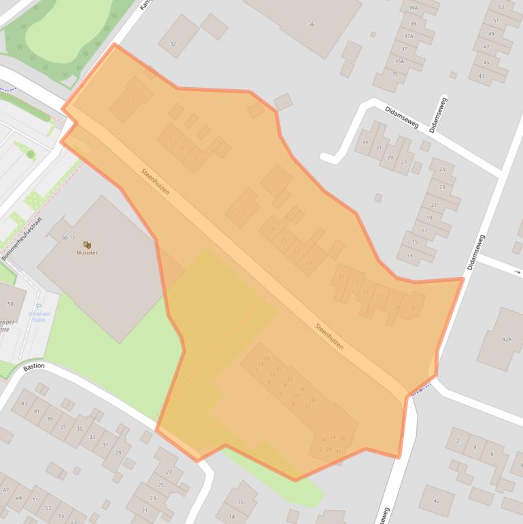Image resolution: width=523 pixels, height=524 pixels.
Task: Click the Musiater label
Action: pos(86,252)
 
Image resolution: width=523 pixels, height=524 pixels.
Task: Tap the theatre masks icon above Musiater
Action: pos(86,244)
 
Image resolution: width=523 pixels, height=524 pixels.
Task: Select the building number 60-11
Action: pos(68,238)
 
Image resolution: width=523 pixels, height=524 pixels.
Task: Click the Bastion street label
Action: pos(33,366)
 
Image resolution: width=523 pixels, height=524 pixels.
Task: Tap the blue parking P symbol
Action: pos(38,306)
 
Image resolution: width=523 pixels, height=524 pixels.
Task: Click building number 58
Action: pos(10,304)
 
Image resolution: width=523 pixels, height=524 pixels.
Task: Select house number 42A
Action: pos(506,339)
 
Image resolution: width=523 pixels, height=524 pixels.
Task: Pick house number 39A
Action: pos(412,9)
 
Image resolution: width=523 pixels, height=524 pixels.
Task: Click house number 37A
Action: pos(408,36)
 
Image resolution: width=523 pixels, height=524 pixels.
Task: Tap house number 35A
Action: pos(400,61)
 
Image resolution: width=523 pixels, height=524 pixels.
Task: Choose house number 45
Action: pos(486,62)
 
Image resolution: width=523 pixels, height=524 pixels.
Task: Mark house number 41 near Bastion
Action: pos(37,411)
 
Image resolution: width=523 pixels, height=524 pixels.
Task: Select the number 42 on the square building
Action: pos(436,502)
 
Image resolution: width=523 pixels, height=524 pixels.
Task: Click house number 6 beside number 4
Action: pos(491,454)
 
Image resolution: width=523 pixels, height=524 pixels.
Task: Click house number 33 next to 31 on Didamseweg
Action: pos(365,143)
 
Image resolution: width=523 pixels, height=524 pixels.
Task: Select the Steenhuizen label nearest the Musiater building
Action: pos(155,182)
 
